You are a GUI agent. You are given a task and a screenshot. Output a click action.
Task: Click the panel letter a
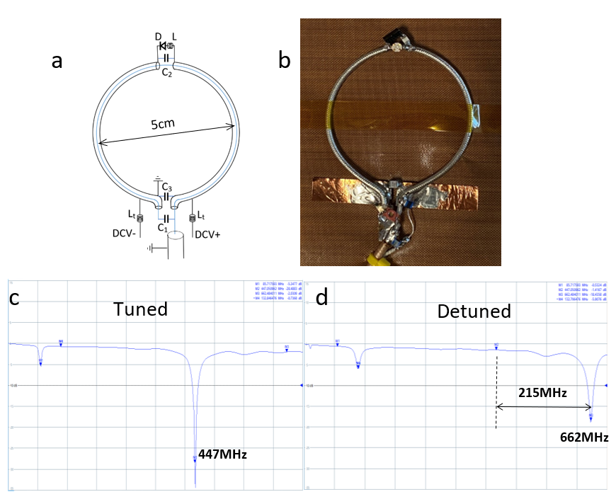(x=57, y=62)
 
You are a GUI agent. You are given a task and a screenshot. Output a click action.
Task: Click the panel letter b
(x=284, y=62)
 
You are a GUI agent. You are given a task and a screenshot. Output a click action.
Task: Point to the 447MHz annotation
(x=222, y=454)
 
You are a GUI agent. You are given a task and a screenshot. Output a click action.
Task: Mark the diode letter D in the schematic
(x=159, y=36)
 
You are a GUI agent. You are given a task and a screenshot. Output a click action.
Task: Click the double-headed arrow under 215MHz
(x=543, y=406)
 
